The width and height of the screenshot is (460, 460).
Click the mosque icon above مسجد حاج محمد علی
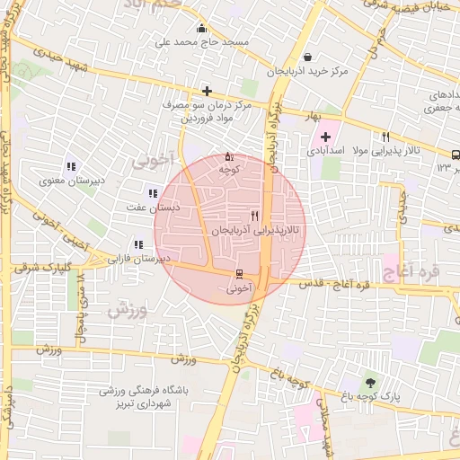[x=201, y=28]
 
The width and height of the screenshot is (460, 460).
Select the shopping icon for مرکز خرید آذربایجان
[x=308, y=57]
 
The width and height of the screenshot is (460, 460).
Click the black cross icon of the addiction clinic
[x=208, y=91]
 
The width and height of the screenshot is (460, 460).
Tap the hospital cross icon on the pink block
[x=325, y=137]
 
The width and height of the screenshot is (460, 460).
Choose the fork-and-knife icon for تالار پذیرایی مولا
[x=385, y=137]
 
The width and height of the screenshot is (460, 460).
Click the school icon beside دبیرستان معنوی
[x=70, y=166]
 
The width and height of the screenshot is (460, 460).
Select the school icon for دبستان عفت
[x=151, y=192]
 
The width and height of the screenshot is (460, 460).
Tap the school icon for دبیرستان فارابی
[x=138, y=243]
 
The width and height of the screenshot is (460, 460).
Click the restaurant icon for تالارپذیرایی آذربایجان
[x=255, y=216]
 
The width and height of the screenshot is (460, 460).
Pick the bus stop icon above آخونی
[x=238, y=273]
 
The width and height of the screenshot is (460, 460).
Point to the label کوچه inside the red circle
[x=229, y=169]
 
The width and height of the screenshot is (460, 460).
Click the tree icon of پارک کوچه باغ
[x=371, y=383]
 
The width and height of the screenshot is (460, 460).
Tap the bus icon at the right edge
[x=456, y=154]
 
